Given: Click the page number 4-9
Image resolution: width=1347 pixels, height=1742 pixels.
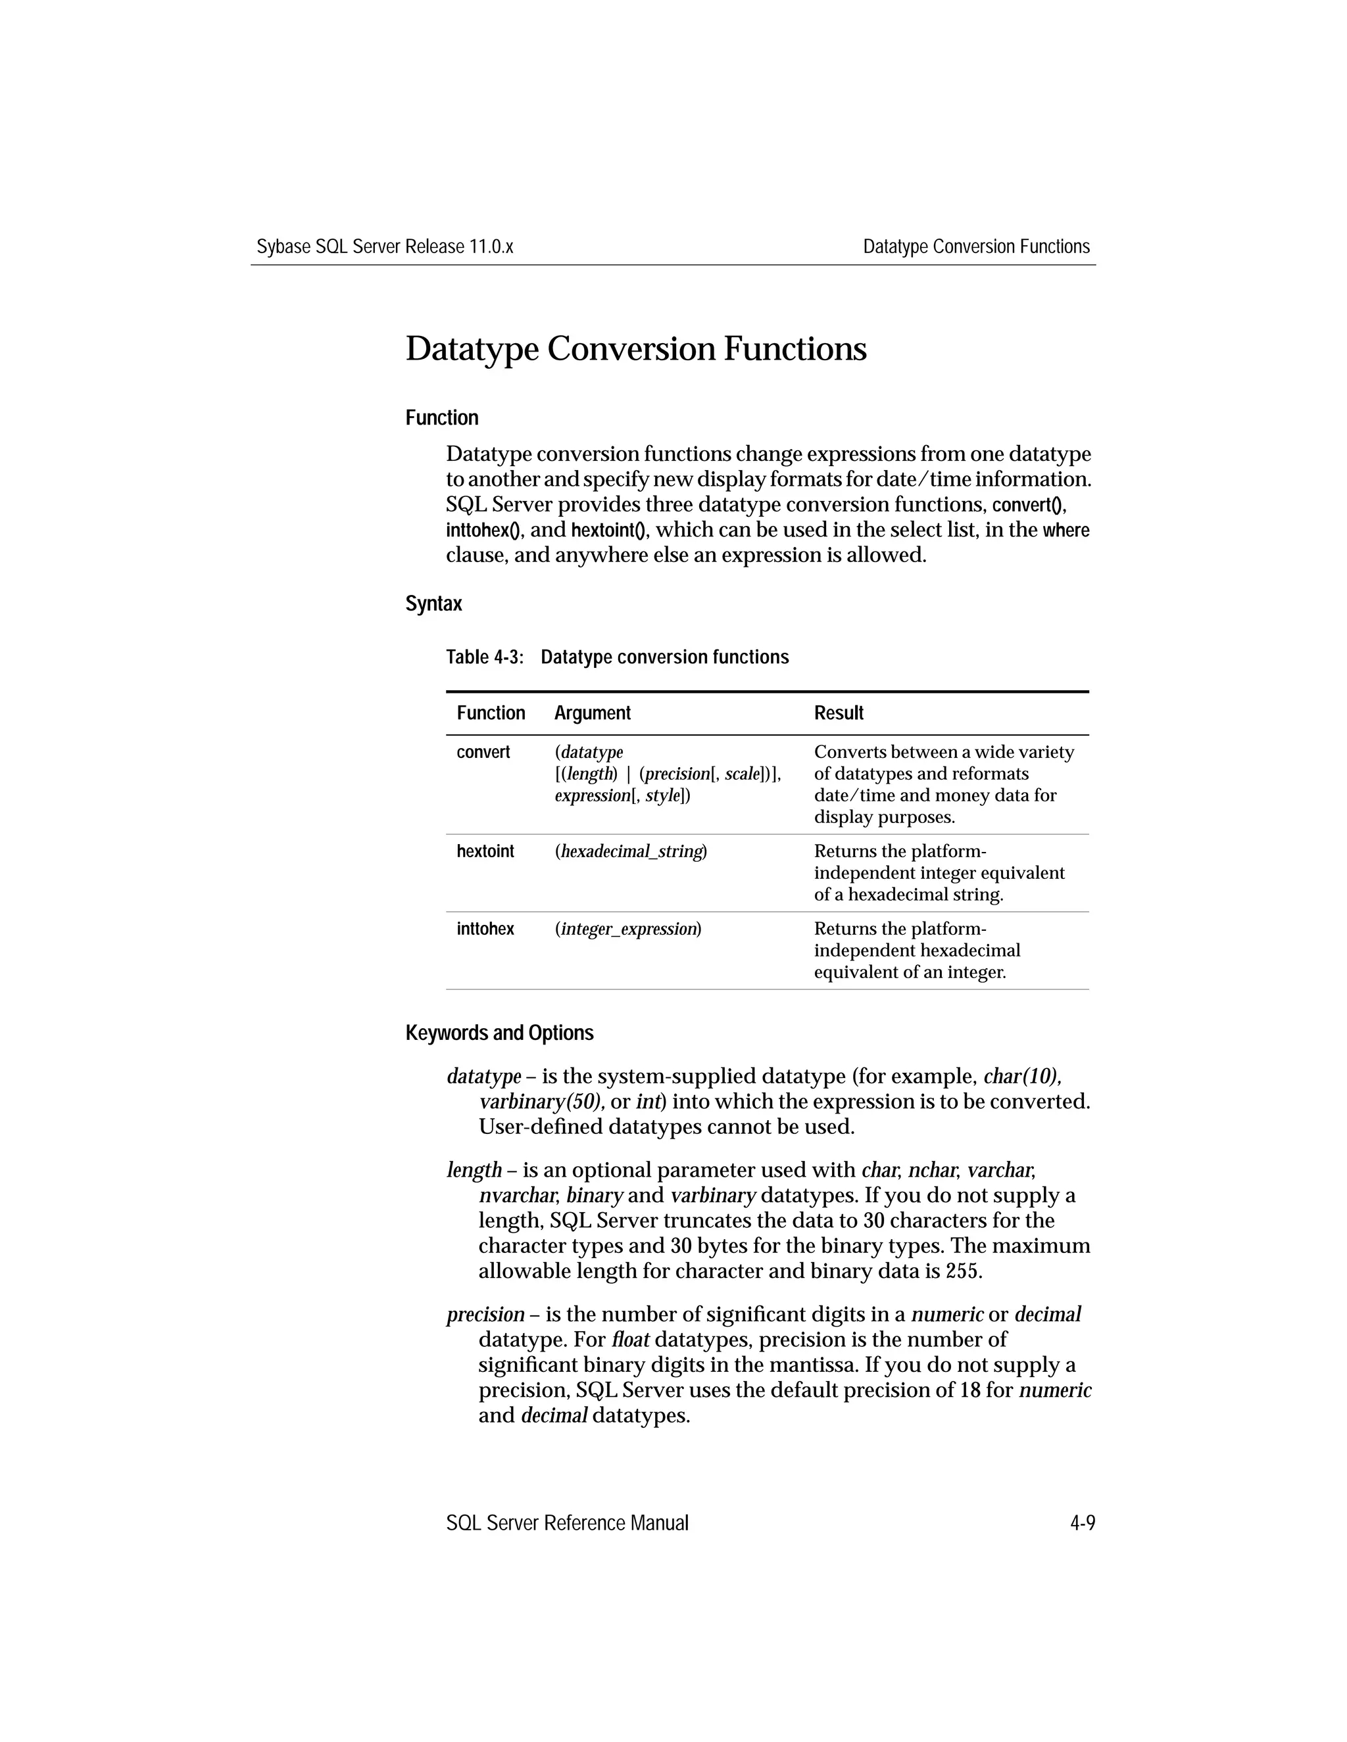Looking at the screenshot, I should tap(1082, 1524).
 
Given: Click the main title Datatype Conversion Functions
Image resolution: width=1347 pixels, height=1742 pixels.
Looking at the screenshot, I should tap(635, 349).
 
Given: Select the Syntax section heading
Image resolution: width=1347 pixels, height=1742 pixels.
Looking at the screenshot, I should tap(433, 604).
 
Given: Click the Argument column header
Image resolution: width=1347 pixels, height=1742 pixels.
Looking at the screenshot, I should tap(592, 713).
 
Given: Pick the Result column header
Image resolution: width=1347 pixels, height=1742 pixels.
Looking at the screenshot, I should tap(838, 713).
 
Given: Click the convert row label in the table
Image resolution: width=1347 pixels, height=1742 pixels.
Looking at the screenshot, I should tap(483, 752).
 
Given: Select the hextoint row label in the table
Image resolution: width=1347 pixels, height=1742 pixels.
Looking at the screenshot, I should tap(485, 851).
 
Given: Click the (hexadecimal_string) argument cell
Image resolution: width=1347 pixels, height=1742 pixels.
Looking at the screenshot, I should tap(630, 852).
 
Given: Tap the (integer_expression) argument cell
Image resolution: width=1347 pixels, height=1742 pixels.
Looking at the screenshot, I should tap(627, 930).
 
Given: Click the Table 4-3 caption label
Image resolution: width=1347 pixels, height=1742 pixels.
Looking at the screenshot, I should tap(484, 657).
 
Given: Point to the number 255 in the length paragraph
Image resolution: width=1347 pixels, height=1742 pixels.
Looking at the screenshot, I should tap(961, 1271).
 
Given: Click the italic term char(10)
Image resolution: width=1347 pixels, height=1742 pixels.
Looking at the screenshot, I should tap(1021, 1077).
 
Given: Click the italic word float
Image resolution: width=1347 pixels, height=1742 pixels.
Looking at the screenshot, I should tap(629, 1339).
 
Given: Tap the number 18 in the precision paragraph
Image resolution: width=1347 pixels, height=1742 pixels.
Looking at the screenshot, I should tap(969, 1390).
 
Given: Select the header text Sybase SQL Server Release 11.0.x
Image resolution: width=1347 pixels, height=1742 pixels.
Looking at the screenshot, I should tap(385, 247).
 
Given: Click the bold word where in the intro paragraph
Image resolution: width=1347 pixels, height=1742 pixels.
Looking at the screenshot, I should tap(1065, 530).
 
